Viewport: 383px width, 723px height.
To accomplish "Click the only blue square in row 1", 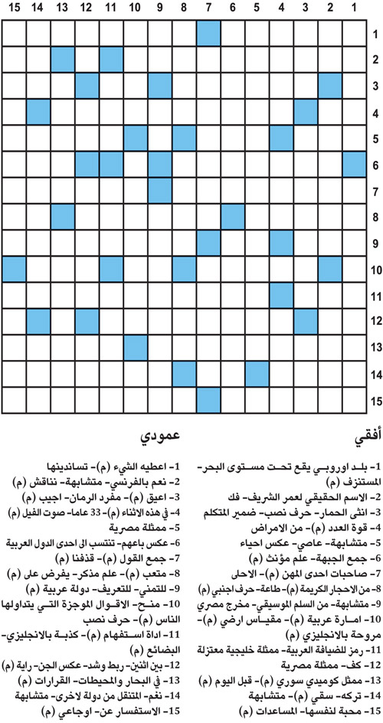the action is (208, 34).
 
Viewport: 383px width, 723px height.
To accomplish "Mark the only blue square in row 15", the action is (208, 400).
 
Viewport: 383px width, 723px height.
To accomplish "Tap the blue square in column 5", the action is (257, 374).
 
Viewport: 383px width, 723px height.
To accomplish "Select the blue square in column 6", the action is (233, 217).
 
